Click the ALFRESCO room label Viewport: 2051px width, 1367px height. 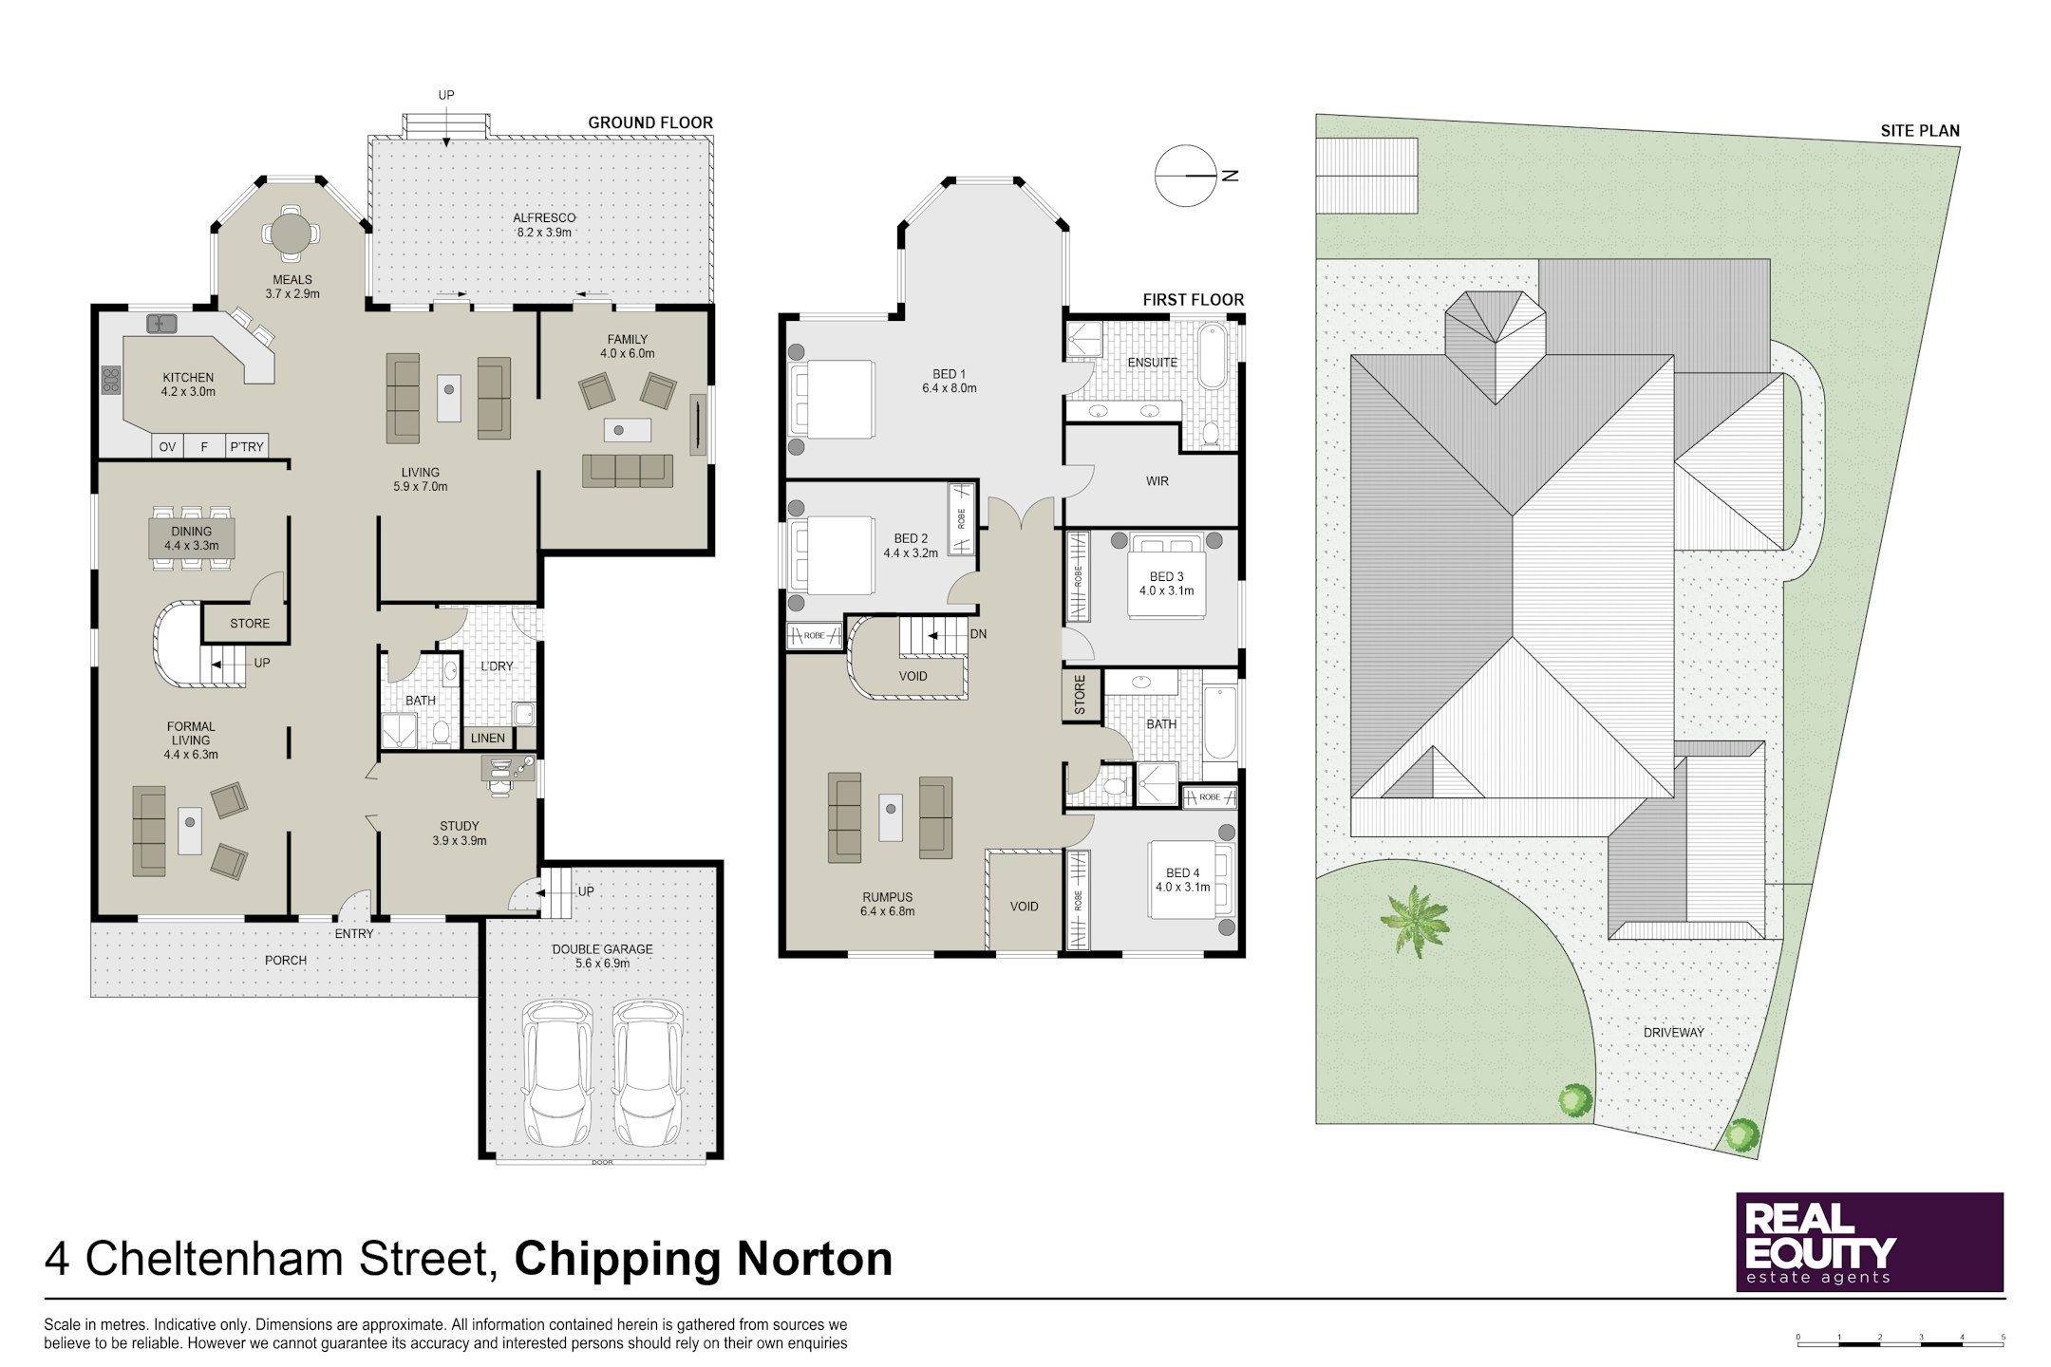pyautogui.click(x=545, y=217)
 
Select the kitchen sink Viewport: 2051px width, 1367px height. pyautogui.click(x=162, y=324)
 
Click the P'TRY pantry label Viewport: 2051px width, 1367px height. pyautogui.click(x=247, y=447)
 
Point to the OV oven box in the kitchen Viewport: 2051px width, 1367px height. pyautogui.click(x=168, y=446)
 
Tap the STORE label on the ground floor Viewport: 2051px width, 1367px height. pyautogui.click(x=250, y=624)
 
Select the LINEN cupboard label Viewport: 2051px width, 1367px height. pyautogui.click(x=488, y=738)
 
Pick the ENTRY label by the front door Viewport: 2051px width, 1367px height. pyautogui.click(x=354, y=934)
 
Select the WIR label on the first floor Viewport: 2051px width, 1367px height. pyautogui.click(x=1157, y=481)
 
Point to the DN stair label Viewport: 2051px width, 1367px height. pyautogui.click(x=978, y=634)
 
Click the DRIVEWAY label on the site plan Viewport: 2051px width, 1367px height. pyautogui.click(x=1673, y=1033)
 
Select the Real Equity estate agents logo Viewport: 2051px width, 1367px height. pyautogui.click(x=1870, y=1242)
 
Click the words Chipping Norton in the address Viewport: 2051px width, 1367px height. pyautogui.click(x=704, y=1261)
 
